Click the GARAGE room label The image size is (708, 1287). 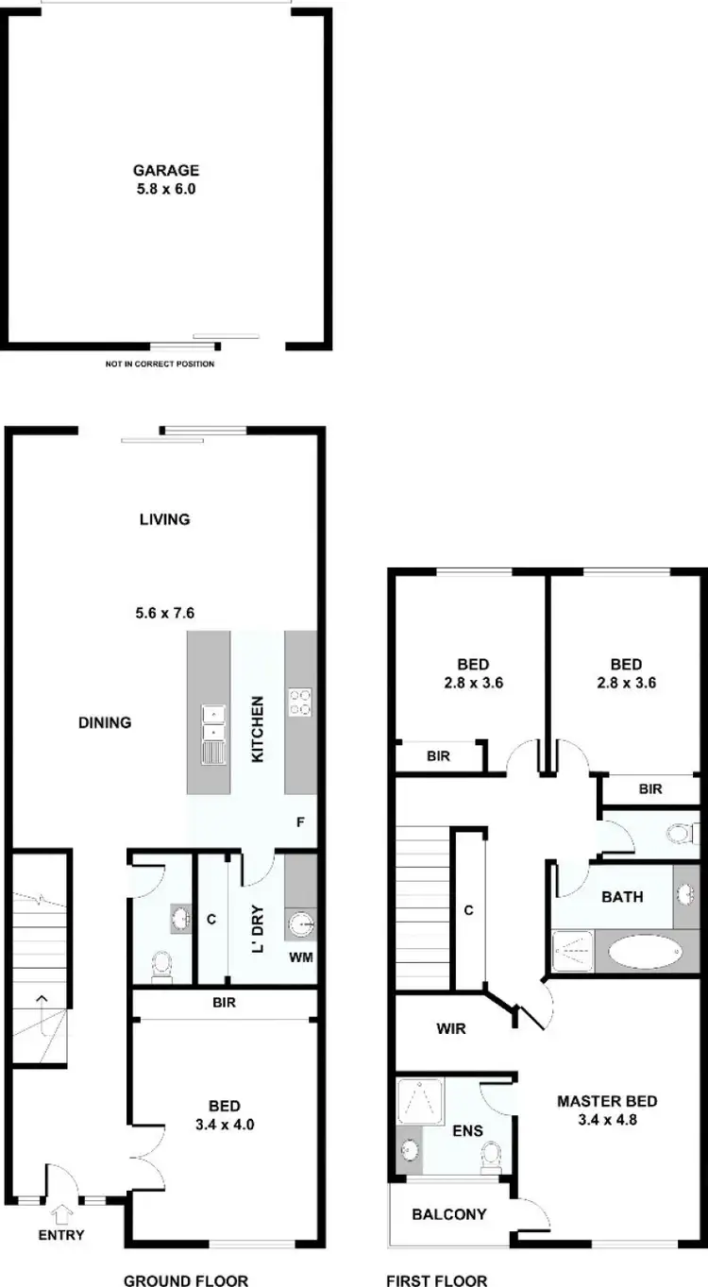pyautogui.click(x=165, y=171)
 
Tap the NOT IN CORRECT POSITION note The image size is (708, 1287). pyautogui.click(x=160, y=364)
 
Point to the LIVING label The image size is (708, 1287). pyautogui.click(x=164, y=519)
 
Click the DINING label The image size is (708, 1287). pyautogui.click(x=105, y=723)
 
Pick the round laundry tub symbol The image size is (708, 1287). pyautogui.click(x=299, y=923)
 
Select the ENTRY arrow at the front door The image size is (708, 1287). pyautogui.click(x=63, y=1212)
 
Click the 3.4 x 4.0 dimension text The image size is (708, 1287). pyautogui.click(x=225, y=1125)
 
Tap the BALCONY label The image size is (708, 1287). pyautogui.click(x=449, y=1214)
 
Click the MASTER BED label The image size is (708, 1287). pyautogui.click(x=607, y=1101)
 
